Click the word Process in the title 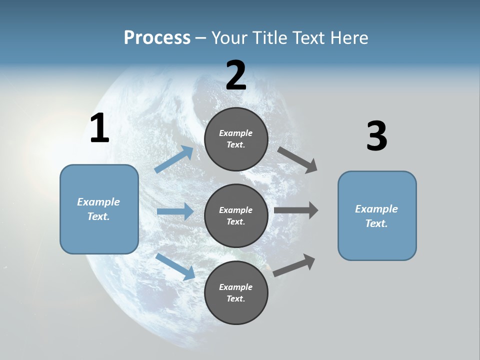(157, 38)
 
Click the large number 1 (99, 128)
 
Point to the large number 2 (236, 75)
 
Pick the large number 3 (376, 136)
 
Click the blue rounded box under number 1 (99, 209)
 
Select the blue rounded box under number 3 (377, 216)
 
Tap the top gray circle (236, 139)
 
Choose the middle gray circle (236, 215)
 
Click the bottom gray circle (236, 292)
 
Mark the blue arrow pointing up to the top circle (174, 159)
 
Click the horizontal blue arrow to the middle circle (175, 211)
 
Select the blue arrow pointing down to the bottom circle (175, 266)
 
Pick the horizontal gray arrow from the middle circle (296, 210)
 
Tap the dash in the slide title (200, 38)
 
